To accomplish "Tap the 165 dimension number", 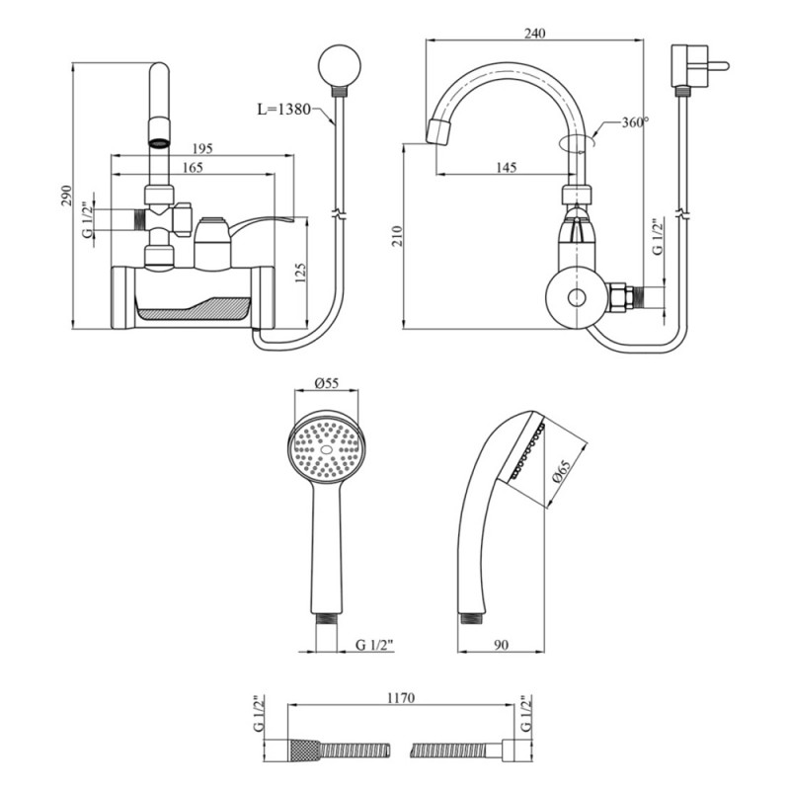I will pyautogui.click(x=193, y=169).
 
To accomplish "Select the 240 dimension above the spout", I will pyautogui.click(x=534, y=33).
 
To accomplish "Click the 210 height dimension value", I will pyautogui.click(x=396, y=236).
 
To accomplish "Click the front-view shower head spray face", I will pyautogui.click(x=326, y=450).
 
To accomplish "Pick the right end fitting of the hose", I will pyautogui.click(x=513, y=750).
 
